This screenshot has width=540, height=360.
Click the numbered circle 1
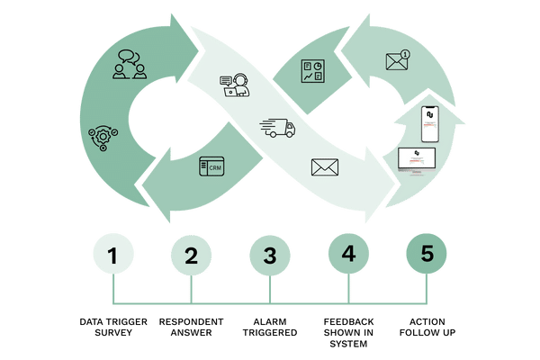[x=112, y=256]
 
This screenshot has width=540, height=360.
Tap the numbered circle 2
[x=191, y=256]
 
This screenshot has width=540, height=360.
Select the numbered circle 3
[x=270, y=256]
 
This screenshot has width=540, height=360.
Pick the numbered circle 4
[x=348, y=256]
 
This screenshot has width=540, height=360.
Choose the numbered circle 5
[x=427, y=256]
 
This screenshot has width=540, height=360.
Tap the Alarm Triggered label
[x=270, y=326]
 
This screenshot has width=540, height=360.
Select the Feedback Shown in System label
[x=348, y=331]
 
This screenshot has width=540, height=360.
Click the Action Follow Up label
[x=427, y=326]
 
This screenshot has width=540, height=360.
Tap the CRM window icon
[x=211, y=166]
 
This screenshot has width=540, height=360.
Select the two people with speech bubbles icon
[x=131, y=66]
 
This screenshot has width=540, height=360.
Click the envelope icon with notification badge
[x=397, y=61]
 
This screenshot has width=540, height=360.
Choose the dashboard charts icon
[x=313, y=72]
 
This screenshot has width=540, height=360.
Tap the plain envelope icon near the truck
[x=322, y=166]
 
